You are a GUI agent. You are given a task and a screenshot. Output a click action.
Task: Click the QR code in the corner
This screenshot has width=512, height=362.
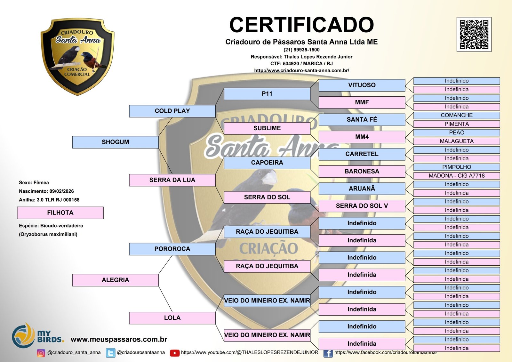click(x=474, y=34)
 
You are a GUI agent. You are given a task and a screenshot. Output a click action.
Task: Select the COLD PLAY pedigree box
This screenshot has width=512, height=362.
click(x=172, y=111)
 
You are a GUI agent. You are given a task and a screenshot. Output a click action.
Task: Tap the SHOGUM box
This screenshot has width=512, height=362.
click(x=116, y=142)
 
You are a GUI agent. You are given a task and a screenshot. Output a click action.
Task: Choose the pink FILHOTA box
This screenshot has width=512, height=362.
click(x=60, y=213)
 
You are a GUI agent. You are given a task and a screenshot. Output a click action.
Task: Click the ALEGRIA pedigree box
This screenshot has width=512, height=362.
click(x=116, y=280)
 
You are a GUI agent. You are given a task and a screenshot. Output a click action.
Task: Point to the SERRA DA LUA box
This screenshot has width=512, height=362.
click(x=172, y=180)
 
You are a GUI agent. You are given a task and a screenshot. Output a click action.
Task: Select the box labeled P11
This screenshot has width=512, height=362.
click(x=267, y=94)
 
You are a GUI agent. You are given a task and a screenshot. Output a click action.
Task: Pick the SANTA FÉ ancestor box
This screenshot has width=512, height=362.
click(x=362, y=120)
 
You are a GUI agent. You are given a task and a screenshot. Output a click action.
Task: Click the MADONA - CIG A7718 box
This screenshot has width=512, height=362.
click(x=457, y=176)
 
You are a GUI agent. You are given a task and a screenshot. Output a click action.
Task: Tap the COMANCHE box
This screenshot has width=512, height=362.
click(x=457, y=115)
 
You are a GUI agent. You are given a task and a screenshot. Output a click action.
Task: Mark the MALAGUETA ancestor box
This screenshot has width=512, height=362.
click(x=457, y=141)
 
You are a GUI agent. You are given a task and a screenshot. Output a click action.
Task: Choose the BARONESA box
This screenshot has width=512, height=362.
click(x=362, y=171)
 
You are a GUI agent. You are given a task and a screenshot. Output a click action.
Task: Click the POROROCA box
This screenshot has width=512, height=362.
click(x=172, y=249)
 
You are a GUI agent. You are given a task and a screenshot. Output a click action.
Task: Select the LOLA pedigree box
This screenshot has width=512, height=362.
click(x=172, y=318)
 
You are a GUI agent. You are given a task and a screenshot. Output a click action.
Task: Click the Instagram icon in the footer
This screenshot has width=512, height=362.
click(x=41, y=353)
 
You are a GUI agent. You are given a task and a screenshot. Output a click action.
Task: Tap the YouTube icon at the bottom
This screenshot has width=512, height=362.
click(x=175, y=353)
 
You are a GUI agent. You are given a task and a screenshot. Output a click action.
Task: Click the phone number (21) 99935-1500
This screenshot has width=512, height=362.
click(x=301, y=50)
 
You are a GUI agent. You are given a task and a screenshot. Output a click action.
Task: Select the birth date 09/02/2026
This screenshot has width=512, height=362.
click(x=61, y=191)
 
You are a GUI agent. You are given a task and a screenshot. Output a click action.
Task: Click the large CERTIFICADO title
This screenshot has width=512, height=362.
click(x=301, y=25)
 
